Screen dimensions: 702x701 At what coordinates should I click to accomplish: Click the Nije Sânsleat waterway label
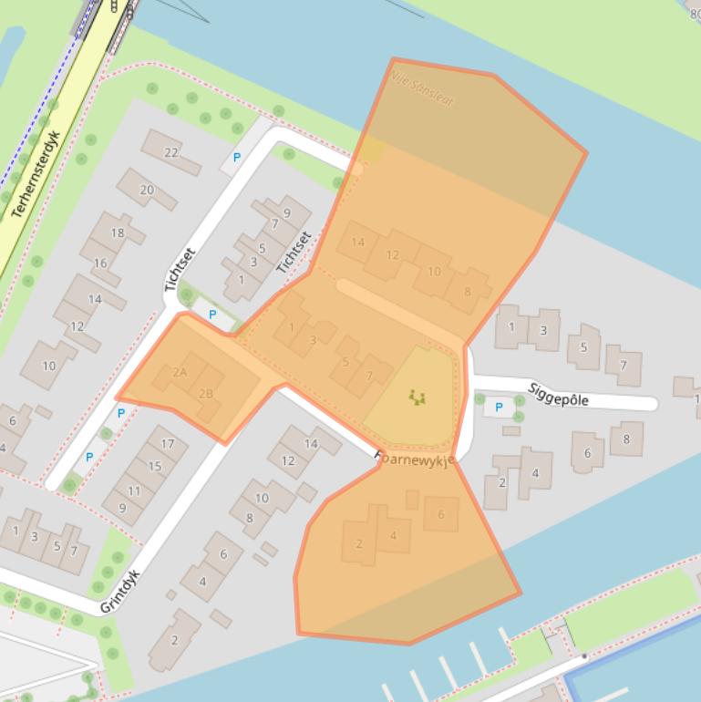pos(422,91)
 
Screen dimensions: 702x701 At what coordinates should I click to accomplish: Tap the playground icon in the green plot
pos(418,397)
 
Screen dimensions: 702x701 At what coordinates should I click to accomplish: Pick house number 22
pos(170,152)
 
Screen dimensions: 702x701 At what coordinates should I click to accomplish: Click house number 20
pos(147,190)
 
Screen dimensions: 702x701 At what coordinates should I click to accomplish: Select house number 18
pos(118,232)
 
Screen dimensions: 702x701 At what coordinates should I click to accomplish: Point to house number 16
pos(100,263)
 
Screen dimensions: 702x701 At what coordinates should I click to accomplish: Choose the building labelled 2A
pos(180,372)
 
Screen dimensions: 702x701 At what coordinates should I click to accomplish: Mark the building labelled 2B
pos(206,394)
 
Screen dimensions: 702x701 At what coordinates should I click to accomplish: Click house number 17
pos(167,444)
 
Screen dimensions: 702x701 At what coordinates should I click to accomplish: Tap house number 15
pos(154,467)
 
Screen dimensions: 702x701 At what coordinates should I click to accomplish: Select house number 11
pos(134,490)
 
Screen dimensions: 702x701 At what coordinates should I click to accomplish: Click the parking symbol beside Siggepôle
pos(498,408)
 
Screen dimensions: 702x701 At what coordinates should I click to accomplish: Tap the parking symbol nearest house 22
pos(237,158)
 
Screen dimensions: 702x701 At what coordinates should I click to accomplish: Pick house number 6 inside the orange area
pos(441,514)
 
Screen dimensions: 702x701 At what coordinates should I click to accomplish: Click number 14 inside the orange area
pos(357,242)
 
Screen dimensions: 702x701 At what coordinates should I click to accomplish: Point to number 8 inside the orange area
pos(468,292)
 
